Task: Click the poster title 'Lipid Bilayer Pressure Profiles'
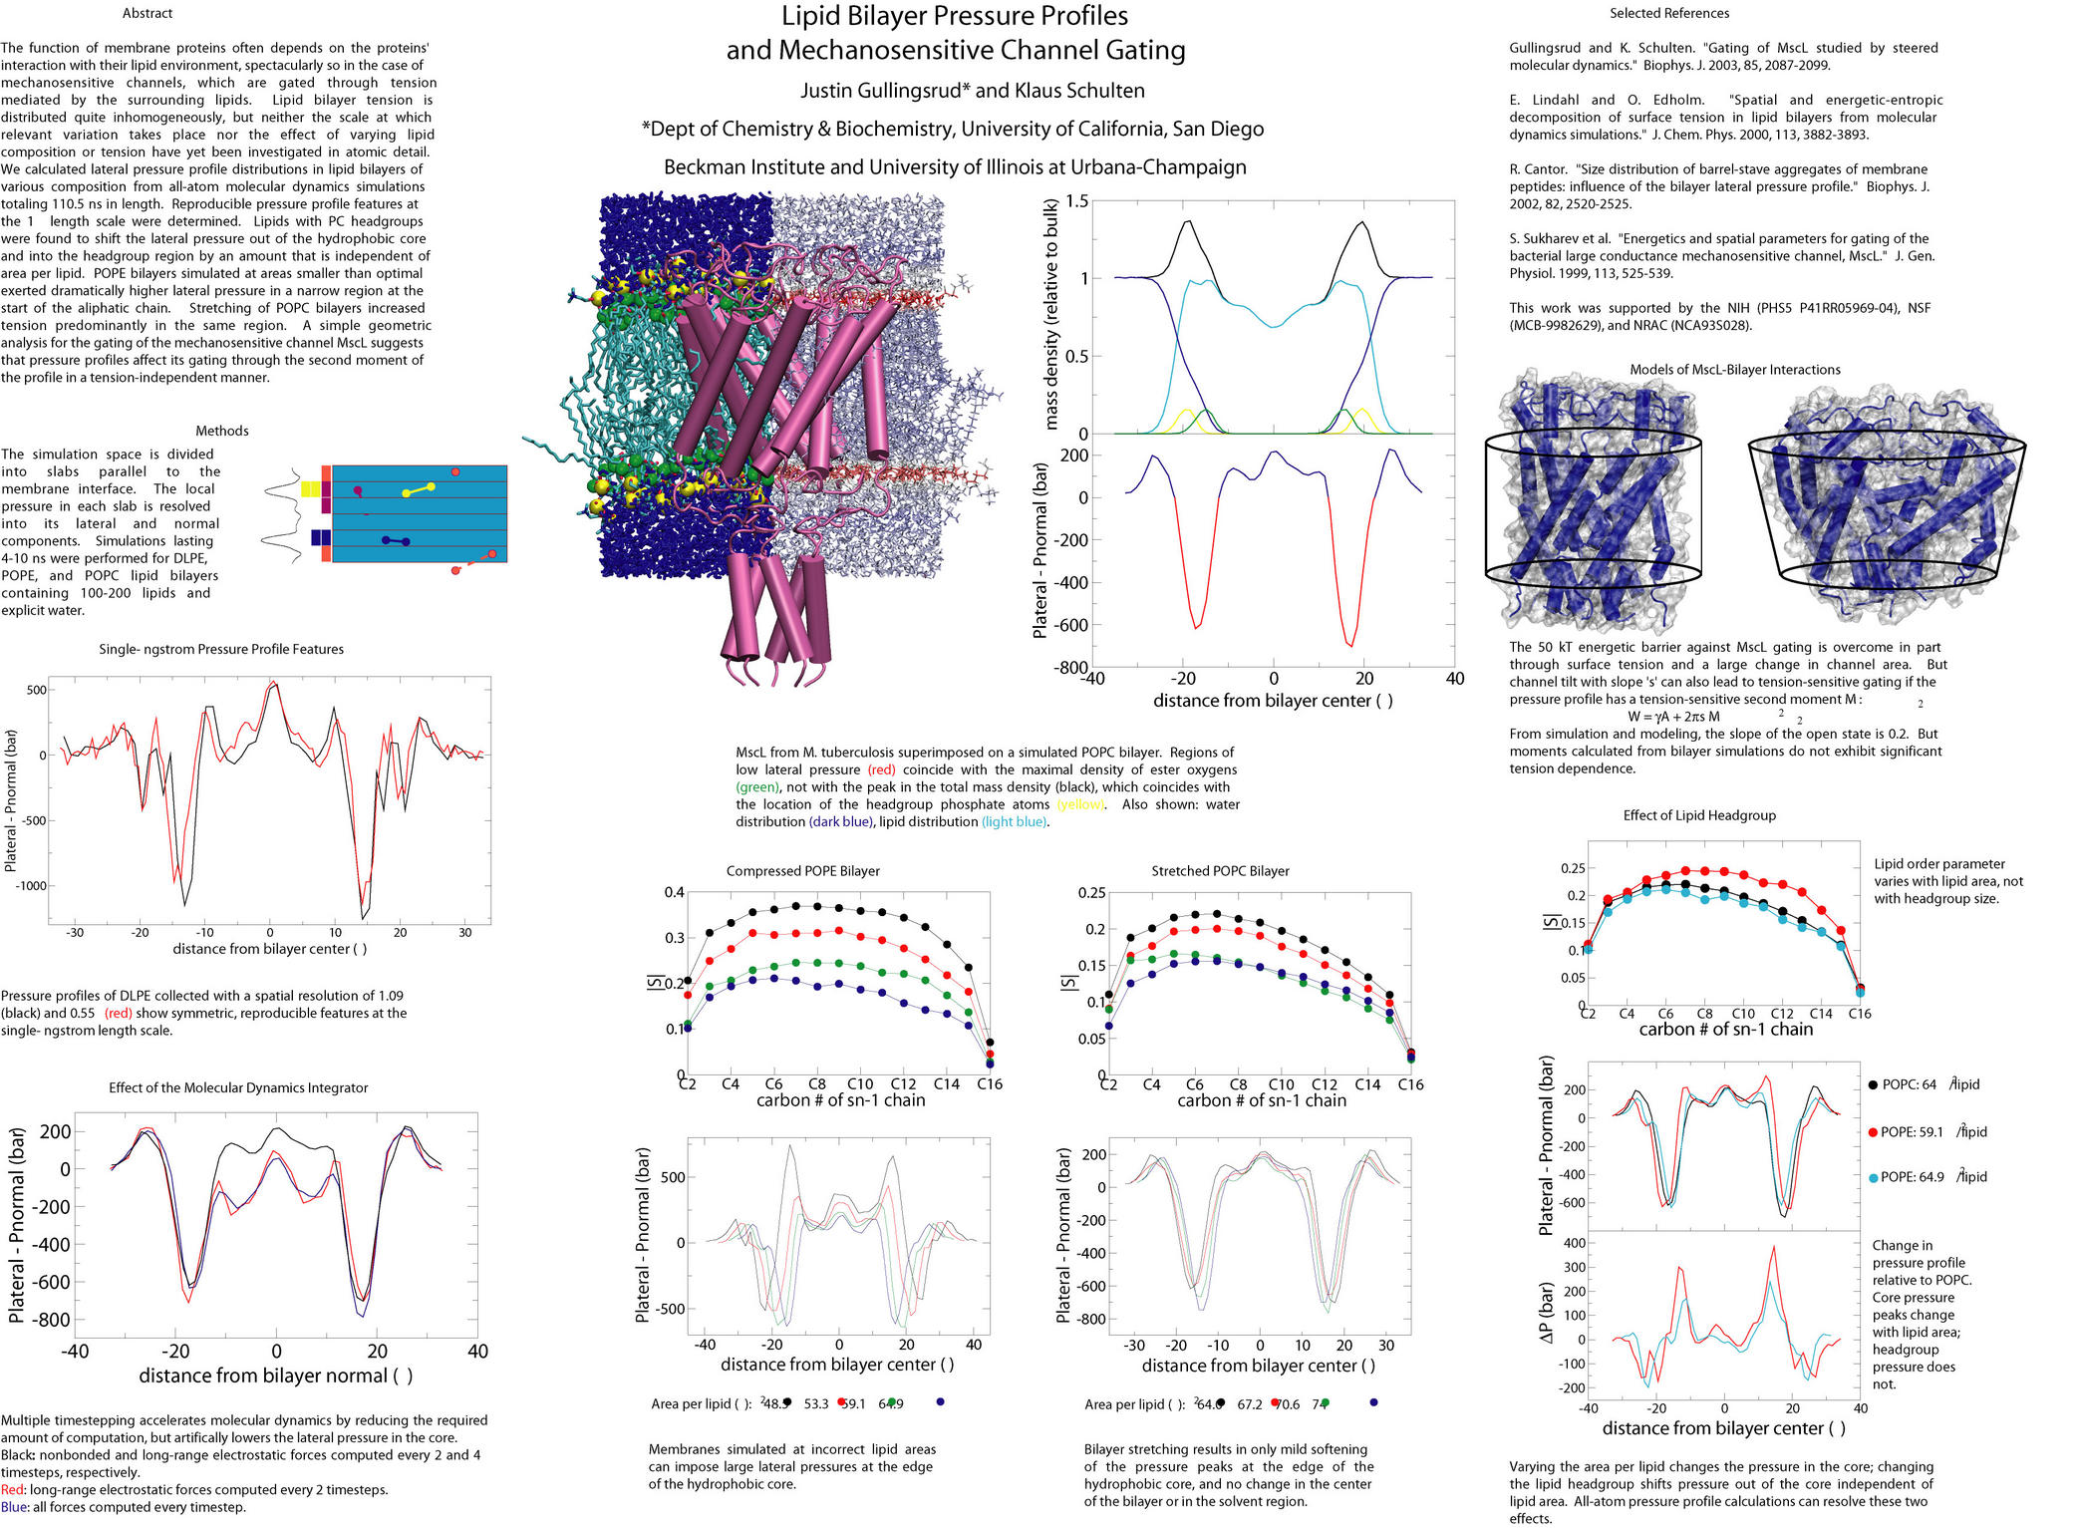[954, 17]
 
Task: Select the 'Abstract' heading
[148, 14]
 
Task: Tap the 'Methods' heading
[221, 431]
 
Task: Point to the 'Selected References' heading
[1668, 14]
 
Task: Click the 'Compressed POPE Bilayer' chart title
[802, 871]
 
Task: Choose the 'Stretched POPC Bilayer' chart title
[1220, 871]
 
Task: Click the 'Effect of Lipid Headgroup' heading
[1698, 815]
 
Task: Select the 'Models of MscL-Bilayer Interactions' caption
[1734, 370]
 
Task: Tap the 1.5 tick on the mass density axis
[1076, 201]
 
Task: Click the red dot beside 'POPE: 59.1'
[1873, 1132]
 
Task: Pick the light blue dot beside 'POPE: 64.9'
[1873, 1177]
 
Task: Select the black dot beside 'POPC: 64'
[1873, 1084]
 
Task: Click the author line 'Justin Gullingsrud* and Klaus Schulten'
[972, 91]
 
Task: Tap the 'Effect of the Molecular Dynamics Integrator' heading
[238, 1088]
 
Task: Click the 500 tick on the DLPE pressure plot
[36, 690]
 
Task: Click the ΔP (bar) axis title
[1546, 1312]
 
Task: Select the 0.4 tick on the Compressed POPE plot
[674, 893]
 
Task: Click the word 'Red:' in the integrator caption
[14, 1490]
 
